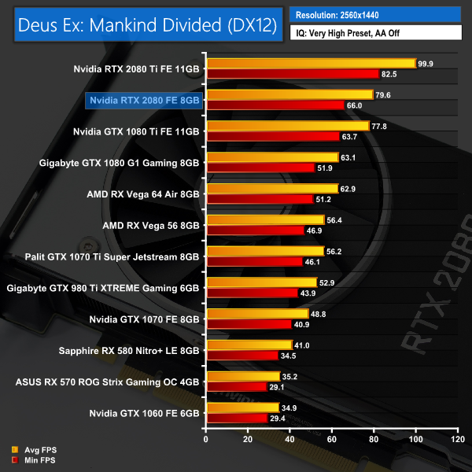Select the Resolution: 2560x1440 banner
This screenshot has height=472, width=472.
[376, 14]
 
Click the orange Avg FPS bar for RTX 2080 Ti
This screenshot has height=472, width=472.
[311, 63]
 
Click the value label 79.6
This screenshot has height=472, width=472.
[385, 95]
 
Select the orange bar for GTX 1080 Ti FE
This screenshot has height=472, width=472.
[288, 126]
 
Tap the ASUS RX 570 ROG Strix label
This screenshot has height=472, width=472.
[108, 383]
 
